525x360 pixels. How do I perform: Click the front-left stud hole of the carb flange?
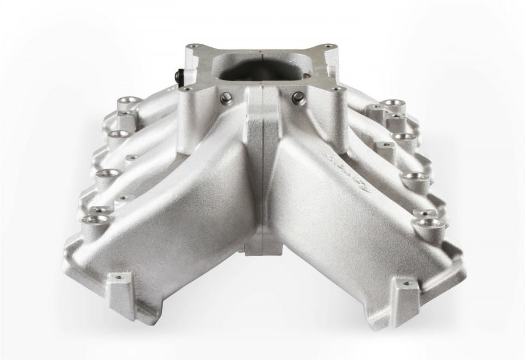tap(187, 89)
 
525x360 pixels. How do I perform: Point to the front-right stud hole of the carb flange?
tap(335, 89)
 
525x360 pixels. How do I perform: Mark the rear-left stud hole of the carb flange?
tap(193, 46)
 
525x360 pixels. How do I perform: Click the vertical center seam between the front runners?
tap(264, 175)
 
